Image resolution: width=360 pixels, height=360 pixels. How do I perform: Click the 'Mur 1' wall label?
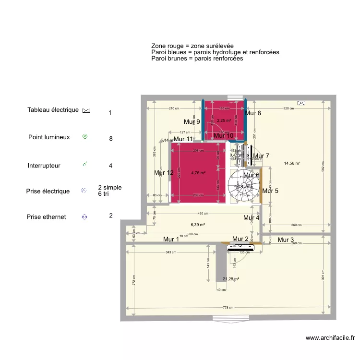click(x=171, y=239)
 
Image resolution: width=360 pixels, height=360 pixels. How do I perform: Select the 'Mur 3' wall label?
click(x=286, y=240)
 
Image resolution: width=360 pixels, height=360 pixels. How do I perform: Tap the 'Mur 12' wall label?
click(x=164, y=172)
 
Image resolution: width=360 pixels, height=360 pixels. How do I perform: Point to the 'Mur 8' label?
click(x=253, y=113)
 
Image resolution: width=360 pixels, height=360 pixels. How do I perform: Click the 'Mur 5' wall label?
click(x=270, y=191)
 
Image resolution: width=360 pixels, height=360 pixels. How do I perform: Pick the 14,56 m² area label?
click(x=292, y=163)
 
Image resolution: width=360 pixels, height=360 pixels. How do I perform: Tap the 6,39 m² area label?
click(x=198, y=224)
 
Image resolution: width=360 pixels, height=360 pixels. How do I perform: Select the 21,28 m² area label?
click(x=231, y=279)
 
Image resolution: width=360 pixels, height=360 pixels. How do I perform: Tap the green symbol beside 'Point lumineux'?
click(x=85, y=137)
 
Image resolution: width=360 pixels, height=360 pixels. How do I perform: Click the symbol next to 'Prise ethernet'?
click(x=84, y=217)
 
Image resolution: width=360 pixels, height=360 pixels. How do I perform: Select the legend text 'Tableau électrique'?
click(x=53, y=110)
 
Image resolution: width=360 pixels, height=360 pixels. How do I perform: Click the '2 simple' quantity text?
click(x=110, y=187)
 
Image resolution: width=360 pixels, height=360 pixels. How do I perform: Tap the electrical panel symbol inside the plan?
click(x=301, y=102)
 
